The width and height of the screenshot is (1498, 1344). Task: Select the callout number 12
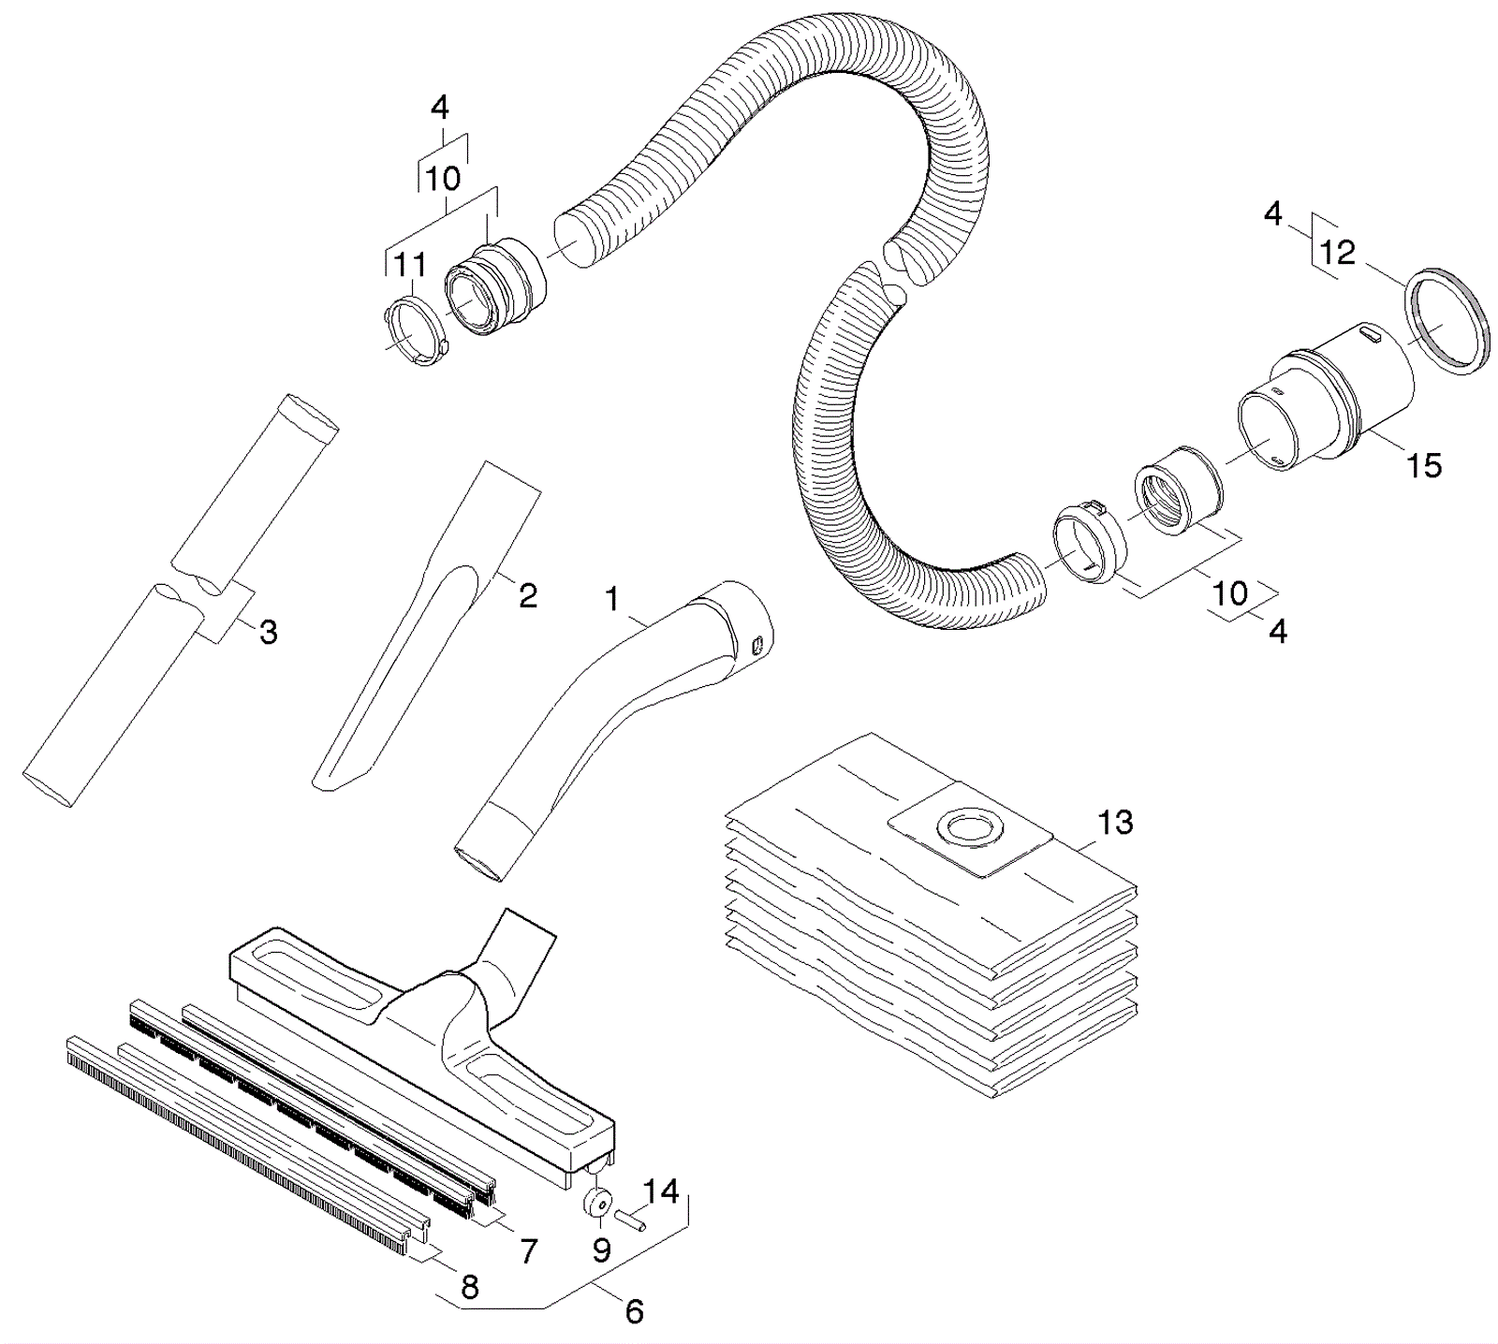[x=1338, y=252]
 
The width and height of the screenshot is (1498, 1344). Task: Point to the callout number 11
[x=409, y=265]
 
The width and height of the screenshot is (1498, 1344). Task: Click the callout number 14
[x=661, y=1191]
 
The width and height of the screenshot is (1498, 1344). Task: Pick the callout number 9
[x=601, y=1249]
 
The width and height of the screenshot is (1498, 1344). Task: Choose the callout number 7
[x=529, y=1250]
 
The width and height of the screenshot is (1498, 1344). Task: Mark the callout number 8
[x=470, y=1288]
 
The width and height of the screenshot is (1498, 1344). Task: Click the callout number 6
[x=634, y=1311]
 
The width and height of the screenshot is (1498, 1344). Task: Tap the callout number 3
[x=269, y=633]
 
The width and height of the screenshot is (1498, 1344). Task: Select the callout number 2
[x=528, y=595]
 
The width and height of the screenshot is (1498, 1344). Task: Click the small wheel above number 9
[x=598, y=1203]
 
